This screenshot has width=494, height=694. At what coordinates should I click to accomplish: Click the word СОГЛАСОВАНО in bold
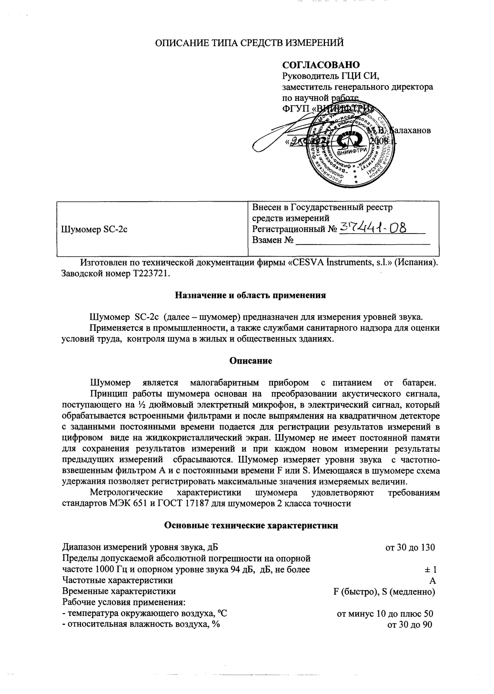point(321,65)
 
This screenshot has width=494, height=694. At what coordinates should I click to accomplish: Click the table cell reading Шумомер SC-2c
point(94,229)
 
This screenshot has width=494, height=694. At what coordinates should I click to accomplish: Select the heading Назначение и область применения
point(250,295)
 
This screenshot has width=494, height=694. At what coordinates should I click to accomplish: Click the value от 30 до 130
point(410,547)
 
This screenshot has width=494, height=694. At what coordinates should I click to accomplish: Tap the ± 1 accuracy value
point(430,569)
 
